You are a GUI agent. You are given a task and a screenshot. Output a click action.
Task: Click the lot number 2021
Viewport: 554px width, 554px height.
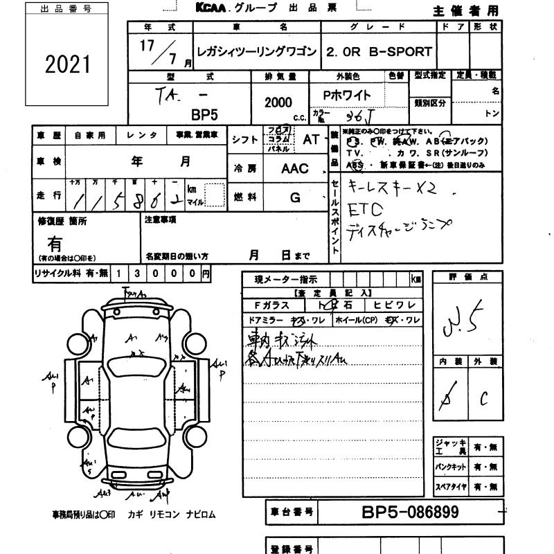click(x=68, y=64)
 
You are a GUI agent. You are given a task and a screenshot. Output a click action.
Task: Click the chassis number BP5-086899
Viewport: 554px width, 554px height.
click(x=410, y=513)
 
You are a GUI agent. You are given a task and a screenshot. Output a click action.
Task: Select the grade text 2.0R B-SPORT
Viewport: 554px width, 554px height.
click(x=379, y=52)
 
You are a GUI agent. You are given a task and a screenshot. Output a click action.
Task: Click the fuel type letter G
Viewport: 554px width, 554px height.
click(x=295, y=198)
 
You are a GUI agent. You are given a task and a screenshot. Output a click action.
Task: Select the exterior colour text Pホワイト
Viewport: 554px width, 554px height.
click(x=347, y=96)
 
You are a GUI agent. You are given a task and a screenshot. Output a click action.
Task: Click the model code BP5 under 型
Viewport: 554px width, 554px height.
click(x=204, y=115)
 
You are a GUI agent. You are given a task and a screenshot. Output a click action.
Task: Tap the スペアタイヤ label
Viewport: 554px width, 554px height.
click(x=450, y=488)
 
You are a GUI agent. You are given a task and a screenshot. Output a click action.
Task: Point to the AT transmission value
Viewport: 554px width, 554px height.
click(x=311, y=139)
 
